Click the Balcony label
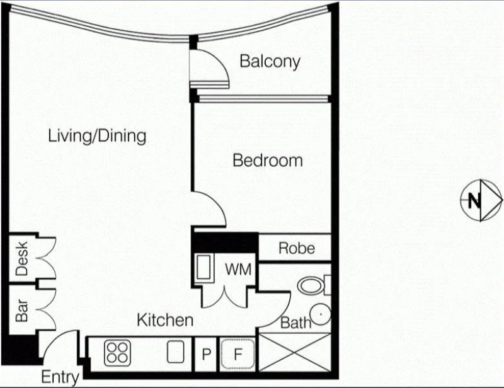point(270,62)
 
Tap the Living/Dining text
point(97,135)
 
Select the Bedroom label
point(267,161)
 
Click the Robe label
point(296,248)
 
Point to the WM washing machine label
point(238,270)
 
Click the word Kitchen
point(165,320)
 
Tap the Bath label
point(295,324)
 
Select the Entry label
point(60,377)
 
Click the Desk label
point(22,259)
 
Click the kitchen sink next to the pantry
point(175,351)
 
